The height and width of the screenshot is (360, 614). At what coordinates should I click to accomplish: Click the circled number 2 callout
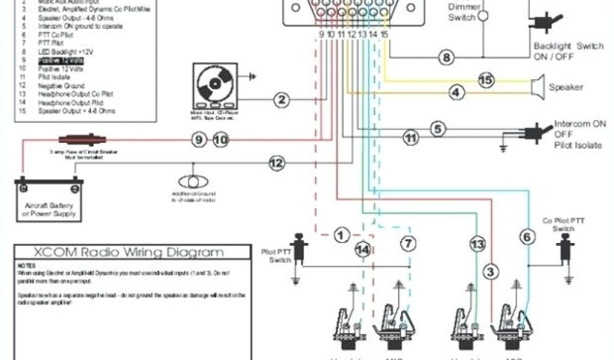pos(282,100)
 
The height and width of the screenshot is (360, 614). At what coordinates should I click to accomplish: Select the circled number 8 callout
pos(446,58)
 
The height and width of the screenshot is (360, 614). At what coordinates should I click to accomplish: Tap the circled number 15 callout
pos(486,80)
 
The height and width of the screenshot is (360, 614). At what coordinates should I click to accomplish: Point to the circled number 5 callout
pos(438,128)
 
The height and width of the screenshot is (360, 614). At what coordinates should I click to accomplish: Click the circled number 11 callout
pos(410,139)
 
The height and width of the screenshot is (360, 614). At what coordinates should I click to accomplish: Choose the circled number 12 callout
pos(276,162)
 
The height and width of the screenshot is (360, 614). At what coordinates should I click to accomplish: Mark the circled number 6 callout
pos(527,237)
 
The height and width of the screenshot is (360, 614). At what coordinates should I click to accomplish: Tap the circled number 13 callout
pos(477,244)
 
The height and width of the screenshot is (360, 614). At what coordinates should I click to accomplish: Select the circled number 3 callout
pos(491,272)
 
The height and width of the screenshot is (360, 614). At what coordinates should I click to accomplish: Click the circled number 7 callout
pos(408,243)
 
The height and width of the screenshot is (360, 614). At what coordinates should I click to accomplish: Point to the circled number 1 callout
pos(341,235)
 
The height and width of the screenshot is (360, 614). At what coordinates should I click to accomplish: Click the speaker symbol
pos(537,87)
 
